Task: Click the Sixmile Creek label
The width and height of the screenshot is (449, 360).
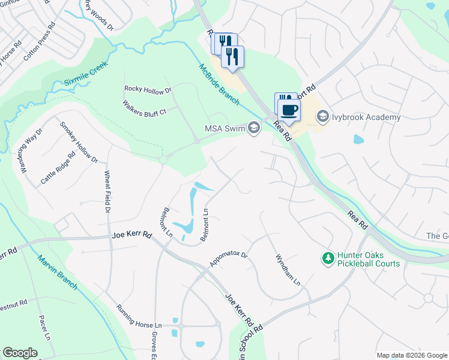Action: [85, 76]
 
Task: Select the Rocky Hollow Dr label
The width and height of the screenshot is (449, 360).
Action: [148, 89]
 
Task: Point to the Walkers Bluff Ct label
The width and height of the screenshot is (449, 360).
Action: [144, 107]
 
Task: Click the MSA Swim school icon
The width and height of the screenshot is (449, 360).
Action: [254, 127]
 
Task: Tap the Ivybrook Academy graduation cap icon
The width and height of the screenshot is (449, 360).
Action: [323, 116]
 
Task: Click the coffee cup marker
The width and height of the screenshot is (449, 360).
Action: [289, 110]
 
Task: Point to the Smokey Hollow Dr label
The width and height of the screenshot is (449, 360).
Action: [79, 142]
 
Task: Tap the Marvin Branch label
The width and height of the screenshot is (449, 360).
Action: [58, 273]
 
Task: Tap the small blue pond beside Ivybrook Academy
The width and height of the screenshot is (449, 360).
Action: [358, 140]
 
